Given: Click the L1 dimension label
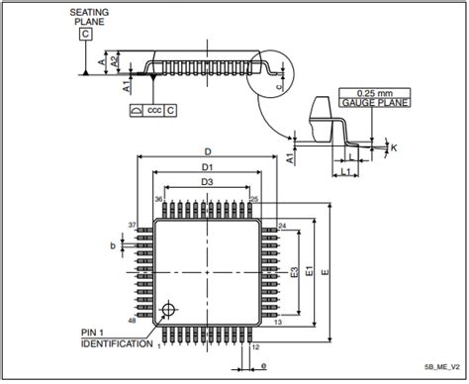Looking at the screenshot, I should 345,174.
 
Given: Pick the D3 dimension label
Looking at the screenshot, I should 207,183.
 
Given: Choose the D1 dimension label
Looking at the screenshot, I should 207,169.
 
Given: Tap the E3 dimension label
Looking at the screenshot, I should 293,272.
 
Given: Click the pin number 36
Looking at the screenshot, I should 157,200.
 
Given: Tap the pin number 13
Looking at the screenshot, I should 279,323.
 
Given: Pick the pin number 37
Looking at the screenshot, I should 132,227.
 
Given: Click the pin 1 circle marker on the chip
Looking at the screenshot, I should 171,312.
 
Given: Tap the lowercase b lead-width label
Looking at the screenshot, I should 113,244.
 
